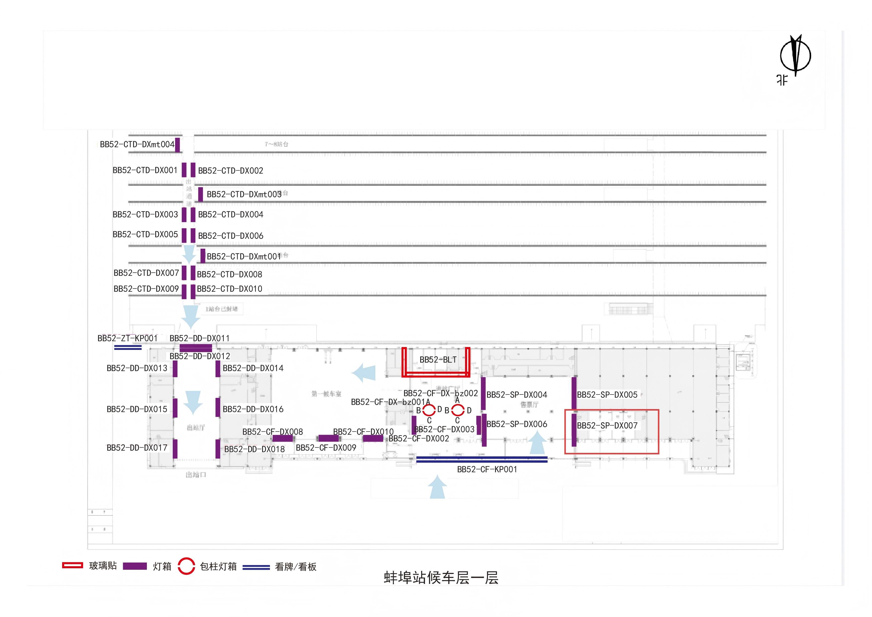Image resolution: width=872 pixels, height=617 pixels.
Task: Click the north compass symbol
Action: pos(795,56)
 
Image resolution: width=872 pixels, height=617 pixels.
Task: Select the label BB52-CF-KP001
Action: pos(487,470)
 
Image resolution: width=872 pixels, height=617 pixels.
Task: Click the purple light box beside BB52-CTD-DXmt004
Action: pos(177,145)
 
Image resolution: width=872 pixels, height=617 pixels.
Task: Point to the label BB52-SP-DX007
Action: pos(607,426)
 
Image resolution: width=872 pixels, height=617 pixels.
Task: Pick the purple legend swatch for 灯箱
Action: pos(135,566)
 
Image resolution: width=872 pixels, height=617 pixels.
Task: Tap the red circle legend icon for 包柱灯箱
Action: pos(186,566)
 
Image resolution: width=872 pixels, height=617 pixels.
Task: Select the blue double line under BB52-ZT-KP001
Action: pos(128,347)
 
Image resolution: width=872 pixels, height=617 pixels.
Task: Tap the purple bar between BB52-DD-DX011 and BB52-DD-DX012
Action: pos(196,348)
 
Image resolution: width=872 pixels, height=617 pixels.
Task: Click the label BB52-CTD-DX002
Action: pos(230,171)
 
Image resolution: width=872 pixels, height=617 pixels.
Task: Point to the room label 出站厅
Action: pos(196,428)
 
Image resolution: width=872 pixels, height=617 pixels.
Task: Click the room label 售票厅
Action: pos(529,405)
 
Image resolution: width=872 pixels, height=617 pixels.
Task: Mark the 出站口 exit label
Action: pos(196,475)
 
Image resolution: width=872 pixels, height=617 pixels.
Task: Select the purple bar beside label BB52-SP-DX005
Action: pos(574,393)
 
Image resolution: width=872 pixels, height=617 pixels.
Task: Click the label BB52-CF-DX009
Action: pos(326,448)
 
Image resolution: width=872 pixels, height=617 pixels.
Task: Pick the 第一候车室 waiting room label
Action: pos(326,394)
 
